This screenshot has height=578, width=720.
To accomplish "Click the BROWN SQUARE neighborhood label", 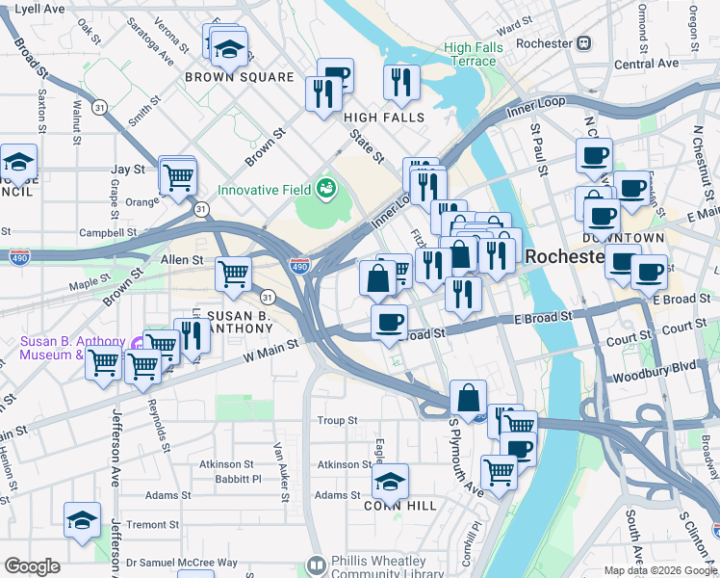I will [x=239, y=77].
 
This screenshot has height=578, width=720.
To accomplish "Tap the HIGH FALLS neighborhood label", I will [x=384, y=118].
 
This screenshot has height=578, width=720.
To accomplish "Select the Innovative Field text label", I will [x=265, y=189].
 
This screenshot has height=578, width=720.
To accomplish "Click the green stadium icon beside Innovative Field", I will [x=326, y=188].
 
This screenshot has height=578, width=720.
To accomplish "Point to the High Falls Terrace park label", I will [x=470, y=54].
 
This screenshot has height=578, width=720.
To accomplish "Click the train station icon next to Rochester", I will [x=583, y=43].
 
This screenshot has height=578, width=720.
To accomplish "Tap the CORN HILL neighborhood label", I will [x=399, y=505].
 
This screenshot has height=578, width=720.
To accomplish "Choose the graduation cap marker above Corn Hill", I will [x=390, y=481].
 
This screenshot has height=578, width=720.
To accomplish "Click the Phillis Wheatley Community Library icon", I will [x=316, y=565].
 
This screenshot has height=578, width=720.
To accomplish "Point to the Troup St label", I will [x=338, y=421].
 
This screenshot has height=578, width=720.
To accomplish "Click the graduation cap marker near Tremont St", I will [x=83, y=519].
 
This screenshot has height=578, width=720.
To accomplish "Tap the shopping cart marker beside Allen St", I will [x=234, y=275].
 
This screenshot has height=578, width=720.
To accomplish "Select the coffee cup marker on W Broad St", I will [x=389, y=322].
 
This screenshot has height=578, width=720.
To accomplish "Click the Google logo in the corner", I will [x=32, y=566].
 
